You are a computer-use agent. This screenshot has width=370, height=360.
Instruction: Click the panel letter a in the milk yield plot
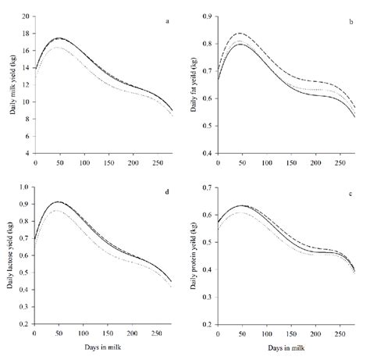[168, 22]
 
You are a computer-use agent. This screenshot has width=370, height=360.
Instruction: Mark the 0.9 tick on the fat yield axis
[208, 16]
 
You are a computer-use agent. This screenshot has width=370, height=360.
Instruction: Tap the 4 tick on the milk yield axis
[28, 154]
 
